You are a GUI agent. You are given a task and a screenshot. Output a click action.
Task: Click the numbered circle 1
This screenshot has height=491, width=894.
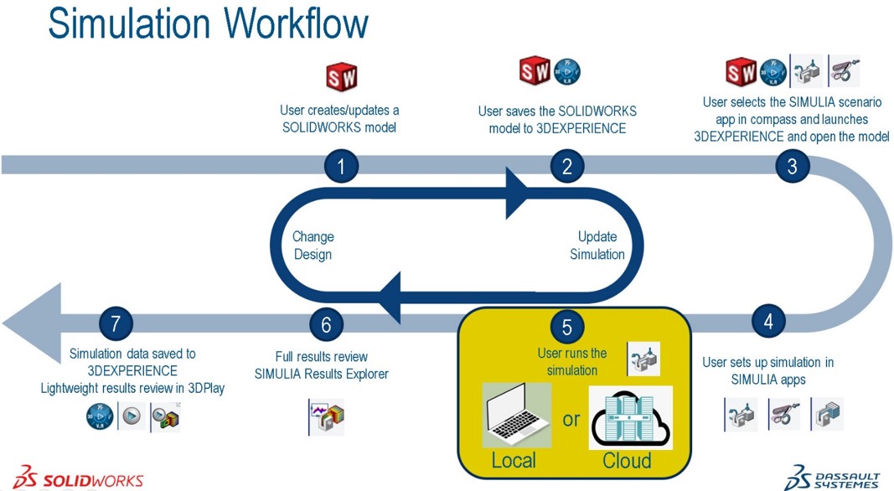[340, 166]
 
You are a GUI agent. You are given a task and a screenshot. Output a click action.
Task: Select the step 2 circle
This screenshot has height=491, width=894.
[566, 166]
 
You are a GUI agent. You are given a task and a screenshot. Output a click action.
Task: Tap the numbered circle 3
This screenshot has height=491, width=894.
[792, 166]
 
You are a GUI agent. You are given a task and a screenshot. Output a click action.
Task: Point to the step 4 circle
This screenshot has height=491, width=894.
[767, 321]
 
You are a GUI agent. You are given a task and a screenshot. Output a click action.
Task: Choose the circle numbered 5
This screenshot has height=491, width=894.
[566, 327]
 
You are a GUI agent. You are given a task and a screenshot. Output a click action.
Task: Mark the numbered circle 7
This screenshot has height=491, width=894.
[116, 323]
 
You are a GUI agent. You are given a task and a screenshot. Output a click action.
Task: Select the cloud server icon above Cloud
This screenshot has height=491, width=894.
[630, 416]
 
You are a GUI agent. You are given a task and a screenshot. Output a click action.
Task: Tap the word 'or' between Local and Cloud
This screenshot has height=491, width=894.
[571, 419]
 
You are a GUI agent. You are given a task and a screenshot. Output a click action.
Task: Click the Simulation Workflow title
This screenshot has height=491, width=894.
[208, 23]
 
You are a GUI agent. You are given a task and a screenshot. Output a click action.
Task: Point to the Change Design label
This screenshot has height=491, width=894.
[313, 245]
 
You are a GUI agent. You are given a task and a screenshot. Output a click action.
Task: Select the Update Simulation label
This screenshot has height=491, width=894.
[597, 245]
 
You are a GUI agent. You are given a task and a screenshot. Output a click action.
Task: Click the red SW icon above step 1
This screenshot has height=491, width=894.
[342, 77]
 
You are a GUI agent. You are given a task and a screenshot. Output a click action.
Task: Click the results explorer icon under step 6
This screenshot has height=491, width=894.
[327, 416]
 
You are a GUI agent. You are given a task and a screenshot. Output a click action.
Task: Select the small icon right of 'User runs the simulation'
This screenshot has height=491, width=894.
[643, 359]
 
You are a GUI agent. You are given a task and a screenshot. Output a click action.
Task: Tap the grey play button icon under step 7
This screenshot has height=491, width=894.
[132, 416]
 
